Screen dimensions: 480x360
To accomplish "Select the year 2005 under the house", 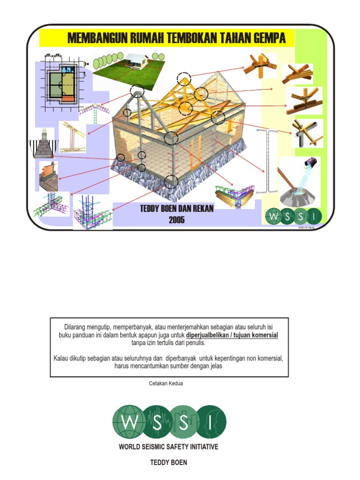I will pyautogui.click(x=177, y=220).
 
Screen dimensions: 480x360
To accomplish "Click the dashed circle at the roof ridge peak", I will pyautogui.click(x=184, y=80).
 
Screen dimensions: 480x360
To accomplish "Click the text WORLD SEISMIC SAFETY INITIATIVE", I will pyautogui.click(x=168, y=447).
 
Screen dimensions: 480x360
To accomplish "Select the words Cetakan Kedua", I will pyautogui.click(x=165, y=383).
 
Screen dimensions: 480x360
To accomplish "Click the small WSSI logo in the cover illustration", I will pyautogui.click(x=293, y=217).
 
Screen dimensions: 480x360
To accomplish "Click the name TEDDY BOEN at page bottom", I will pyautogui.click(x=168, y=463).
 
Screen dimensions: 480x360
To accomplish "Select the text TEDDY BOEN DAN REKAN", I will pyautogui.click(x=177, y=209).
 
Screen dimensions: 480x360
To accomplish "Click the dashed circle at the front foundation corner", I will pyautogui.click(x=172, y=181).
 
